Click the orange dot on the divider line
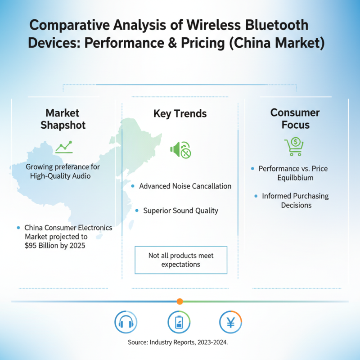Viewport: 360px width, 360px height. pos(180,301)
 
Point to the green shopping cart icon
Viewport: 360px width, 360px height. pos(294,147)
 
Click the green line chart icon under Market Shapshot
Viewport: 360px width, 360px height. pos(63,146)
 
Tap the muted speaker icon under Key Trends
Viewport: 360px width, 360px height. pos(180,150)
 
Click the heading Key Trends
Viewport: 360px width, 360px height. pos(180,113)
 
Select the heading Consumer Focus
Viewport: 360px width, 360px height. pos(295,118)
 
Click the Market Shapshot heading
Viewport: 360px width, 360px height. pos(63,118)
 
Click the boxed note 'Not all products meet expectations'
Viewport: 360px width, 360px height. pos(181,260)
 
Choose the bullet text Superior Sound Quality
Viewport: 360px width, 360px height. pos(180,210)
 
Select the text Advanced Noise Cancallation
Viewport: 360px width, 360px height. pos(185,186)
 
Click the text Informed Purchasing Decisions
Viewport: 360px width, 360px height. pos(296,200)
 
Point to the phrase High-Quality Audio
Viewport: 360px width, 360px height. pos(60,175)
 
